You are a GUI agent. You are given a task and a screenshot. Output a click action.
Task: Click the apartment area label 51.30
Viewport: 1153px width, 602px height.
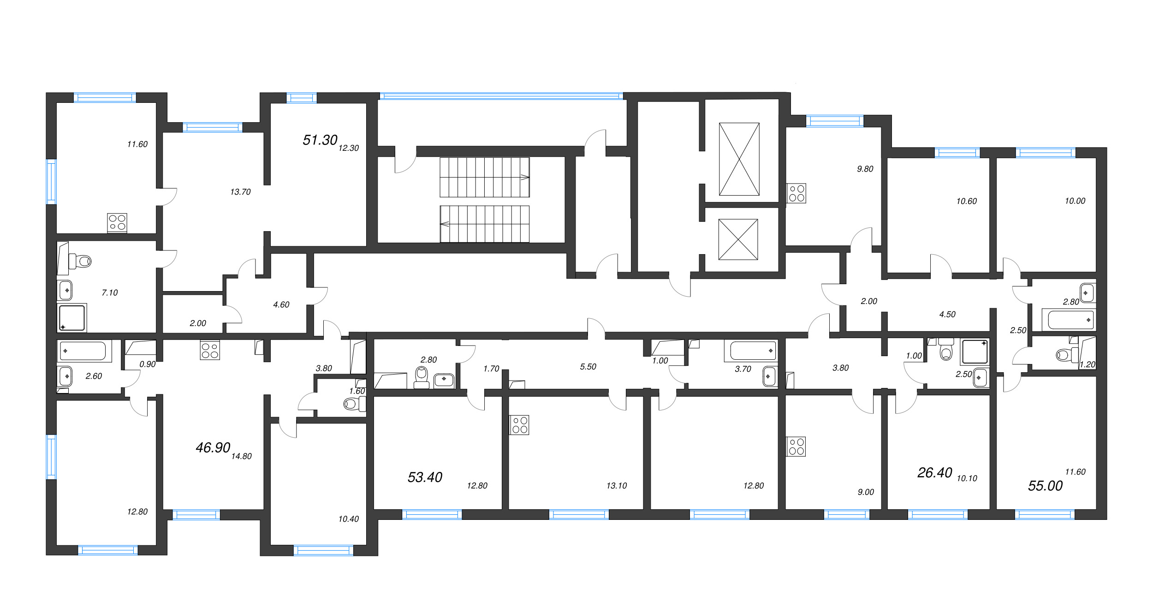320,140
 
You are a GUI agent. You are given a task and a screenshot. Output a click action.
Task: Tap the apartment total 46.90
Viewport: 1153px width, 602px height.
213,447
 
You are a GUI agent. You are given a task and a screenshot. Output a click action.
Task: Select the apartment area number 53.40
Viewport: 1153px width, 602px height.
425,477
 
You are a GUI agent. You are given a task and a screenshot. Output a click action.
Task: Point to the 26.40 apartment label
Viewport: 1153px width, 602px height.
935,472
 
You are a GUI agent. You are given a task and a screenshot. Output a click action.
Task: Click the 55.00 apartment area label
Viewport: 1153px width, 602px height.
1046,485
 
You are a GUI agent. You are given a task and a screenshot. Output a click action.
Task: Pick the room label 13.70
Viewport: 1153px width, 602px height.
240,192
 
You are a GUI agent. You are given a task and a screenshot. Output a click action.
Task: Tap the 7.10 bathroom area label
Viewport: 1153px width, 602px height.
110,292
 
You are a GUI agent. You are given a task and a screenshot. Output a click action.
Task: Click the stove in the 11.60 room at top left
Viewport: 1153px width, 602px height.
117,223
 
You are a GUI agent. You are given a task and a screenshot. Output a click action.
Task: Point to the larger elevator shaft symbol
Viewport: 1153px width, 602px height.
739,159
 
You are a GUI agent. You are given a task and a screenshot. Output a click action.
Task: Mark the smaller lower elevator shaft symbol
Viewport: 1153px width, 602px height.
738,239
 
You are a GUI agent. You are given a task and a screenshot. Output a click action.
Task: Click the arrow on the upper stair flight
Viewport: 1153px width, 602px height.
525,177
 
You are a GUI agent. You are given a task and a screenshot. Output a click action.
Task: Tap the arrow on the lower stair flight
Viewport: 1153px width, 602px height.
445,224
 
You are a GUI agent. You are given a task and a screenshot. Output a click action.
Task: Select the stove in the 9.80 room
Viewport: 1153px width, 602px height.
796,193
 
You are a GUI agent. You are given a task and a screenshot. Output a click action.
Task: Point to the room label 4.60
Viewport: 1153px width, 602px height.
281,304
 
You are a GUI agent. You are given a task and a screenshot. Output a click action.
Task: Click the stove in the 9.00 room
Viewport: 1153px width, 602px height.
796,446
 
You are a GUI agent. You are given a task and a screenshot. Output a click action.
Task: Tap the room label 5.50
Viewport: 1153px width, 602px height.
588,367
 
